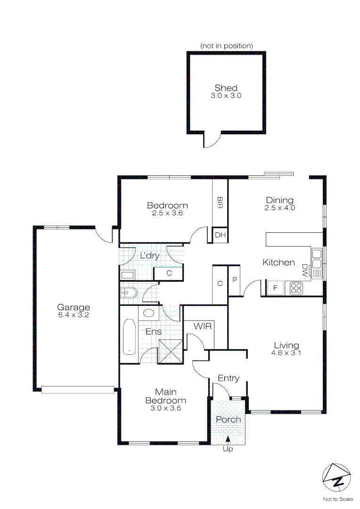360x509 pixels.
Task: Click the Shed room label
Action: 226,88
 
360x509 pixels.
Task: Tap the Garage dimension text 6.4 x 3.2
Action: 74,315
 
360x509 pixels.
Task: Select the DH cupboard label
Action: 220,235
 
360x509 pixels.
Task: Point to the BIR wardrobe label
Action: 220,202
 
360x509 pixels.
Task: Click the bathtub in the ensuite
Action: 129,337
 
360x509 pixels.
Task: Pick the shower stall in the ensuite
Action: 171,351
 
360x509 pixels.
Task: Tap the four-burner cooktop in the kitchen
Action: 296,288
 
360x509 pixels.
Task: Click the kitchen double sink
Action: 317,263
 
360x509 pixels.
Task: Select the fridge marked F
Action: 275,288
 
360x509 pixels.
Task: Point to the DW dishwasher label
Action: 304,270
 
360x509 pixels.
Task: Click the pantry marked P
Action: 234,280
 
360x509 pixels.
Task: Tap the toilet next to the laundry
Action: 128,293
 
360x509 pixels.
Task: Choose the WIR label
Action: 203,326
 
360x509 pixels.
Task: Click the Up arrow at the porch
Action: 228,439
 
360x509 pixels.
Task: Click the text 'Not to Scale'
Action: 338,499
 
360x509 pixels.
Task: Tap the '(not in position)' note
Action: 227,46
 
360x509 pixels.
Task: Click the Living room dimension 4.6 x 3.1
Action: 286,353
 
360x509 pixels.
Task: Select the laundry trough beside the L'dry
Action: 128,275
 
